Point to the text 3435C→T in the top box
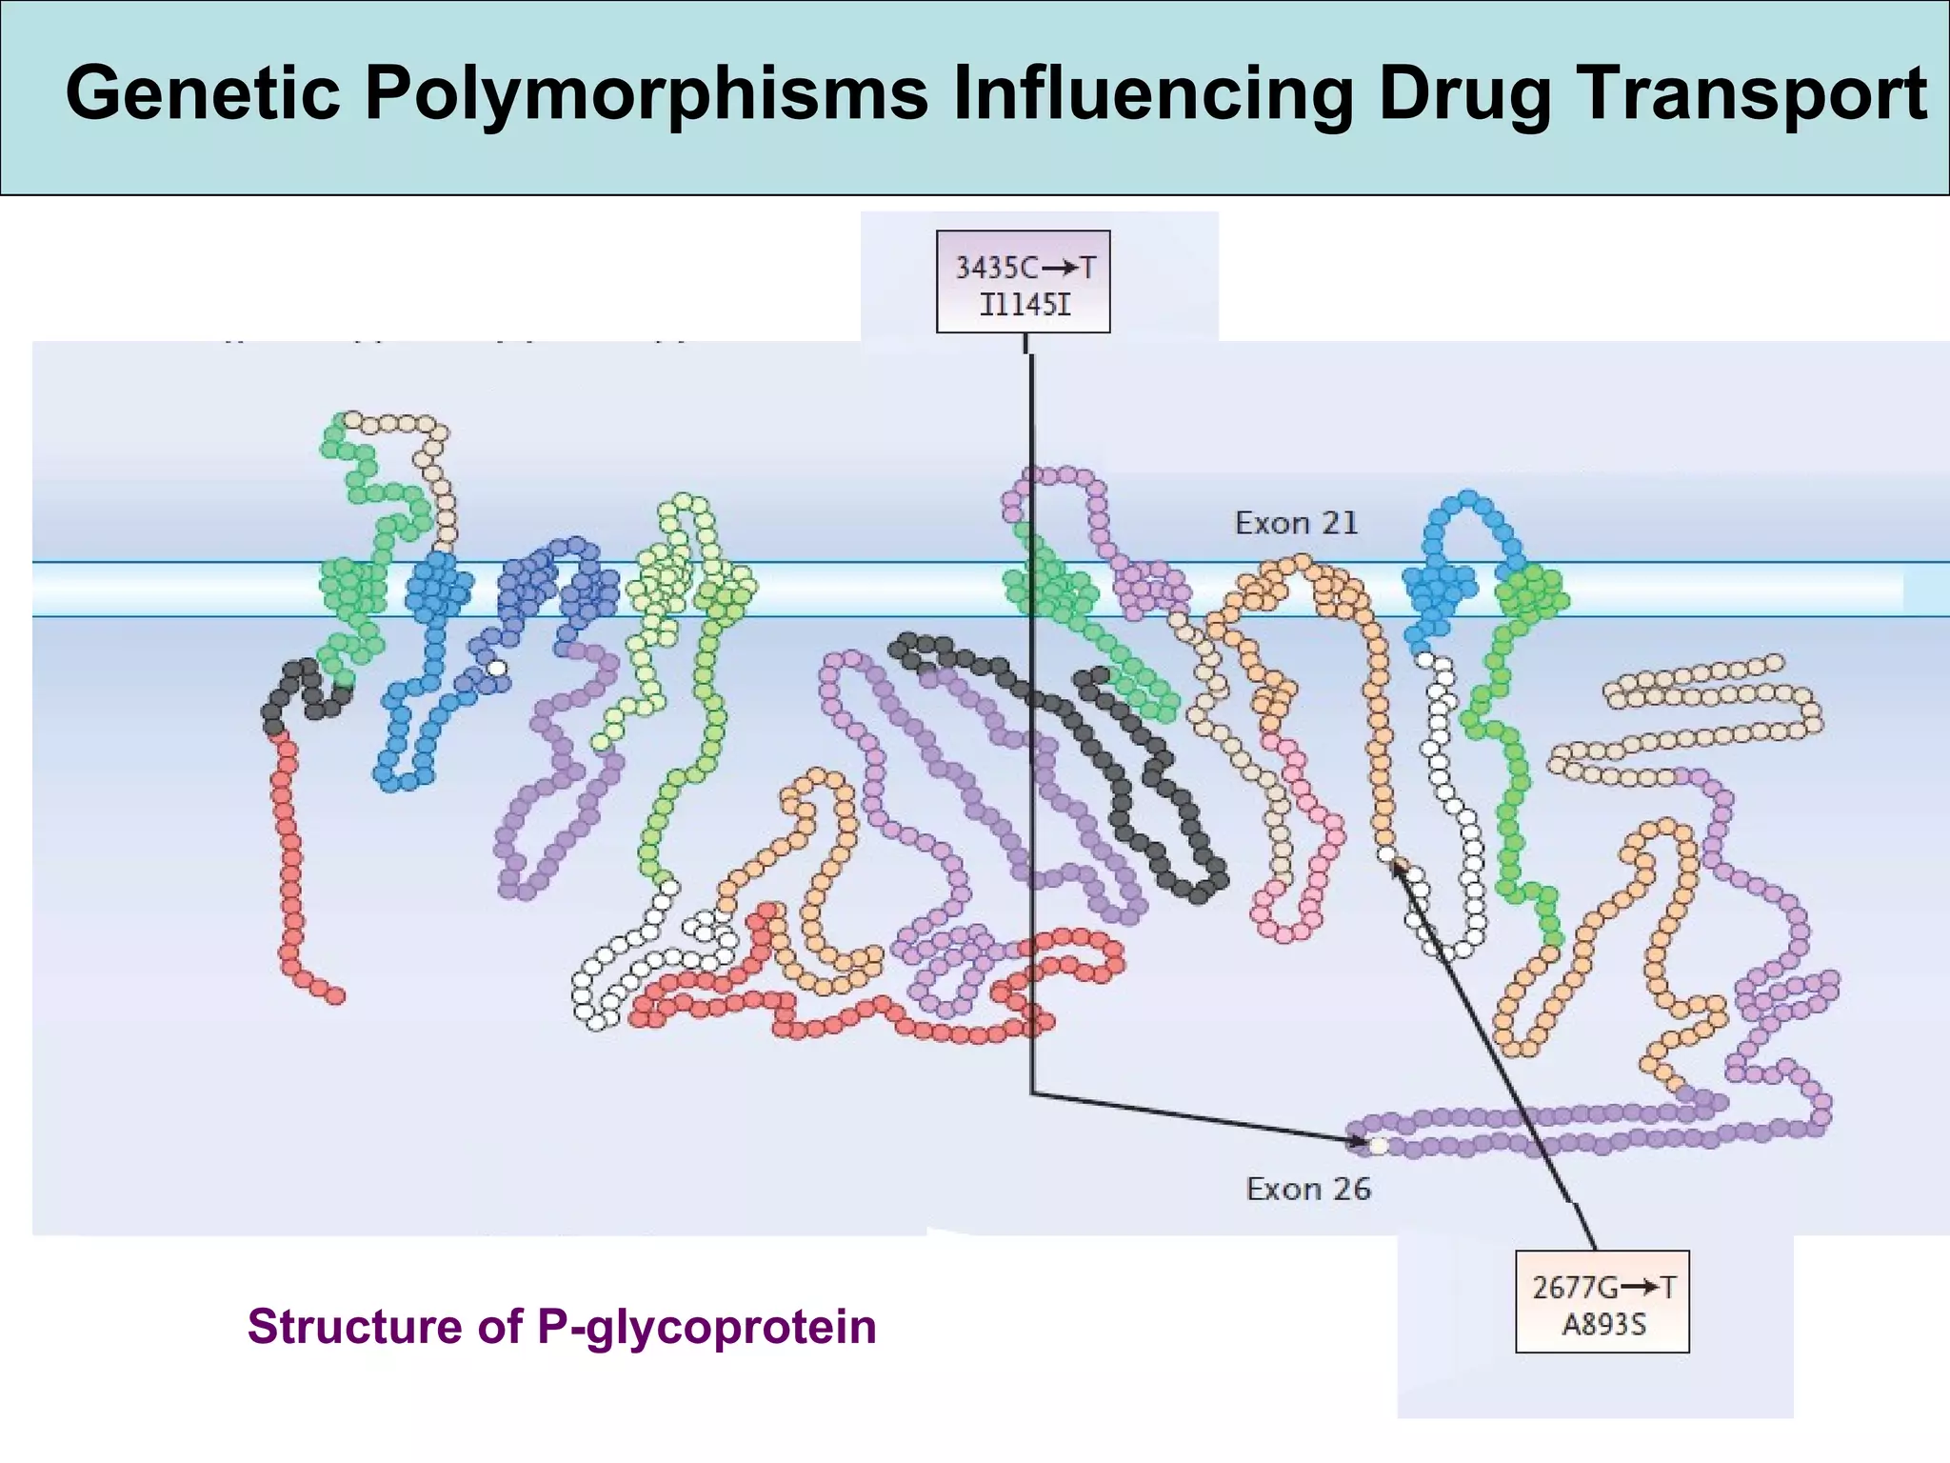click(x=1025, y=268)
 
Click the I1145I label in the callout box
click(x=1025, y=305)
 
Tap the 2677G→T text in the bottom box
click(x=1602, y=1288)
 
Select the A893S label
click(x=1602, y=1325)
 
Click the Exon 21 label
click(x=1296, y=523)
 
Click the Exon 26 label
click(x=1308, y=1189)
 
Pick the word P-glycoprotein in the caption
click(x=706, y=1326)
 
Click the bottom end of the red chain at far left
click(x=335, y=995)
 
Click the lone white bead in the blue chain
click(x=496, y=668)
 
